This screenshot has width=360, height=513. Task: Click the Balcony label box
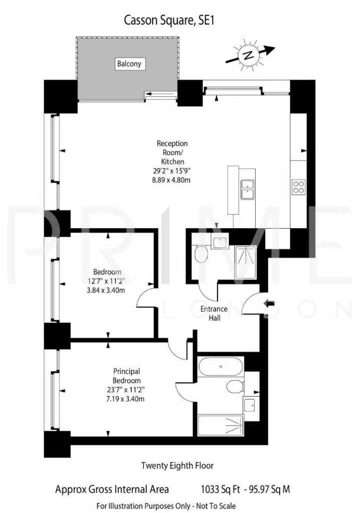(x=129, y=64)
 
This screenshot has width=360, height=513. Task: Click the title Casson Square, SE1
(x=169, y=21)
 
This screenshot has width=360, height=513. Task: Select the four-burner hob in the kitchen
(x=298, y=187)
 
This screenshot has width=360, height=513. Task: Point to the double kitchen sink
(x=248, y=189)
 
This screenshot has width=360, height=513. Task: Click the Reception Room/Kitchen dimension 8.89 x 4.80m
(x=171, y=180)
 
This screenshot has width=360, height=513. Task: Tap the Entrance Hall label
(x=214, y=313)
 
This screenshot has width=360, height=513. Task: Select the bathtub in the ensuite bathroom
(x=221, y=367)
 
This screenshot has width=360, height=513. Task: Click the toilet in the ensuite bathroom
(x=235, y=387)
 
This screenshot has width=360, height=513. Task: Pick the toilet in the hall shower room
(x=201, y=254)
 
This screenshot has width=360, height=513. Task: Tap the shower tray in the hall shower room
(x=246, y=263)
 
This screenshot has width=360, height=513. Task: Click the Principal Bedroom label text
(x=126, y=376)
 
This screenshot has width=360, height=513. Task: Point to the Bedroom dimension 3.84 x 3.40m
(x=106, y=290)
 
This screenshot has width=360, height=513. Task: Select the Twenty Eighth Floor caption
(x=177, y=465)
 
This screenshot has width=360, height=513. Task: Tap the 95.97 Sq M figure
(x=270, y=489)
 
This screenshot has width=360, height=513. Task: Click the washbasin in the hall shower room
(x=219, y=242)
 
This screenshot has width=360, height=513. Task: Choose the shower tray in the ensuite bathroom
(x=221, y=425)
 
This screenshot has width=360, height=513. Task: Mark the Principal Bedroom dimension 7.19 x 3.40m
(x=125, y=399)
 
